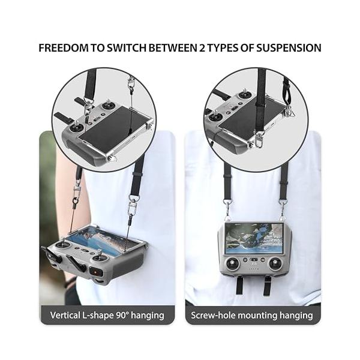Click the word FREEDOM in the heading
(64, 48)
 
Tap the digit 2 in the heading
(202, 48)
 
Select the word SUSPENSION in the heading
(289, 48)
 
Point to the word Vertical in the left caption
(65, 315)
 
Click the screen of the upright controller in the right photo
(254, 239)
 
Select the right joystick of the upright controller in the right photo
(275, 263)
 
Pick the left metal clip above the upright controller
(227, 208)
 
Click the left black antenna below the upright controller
(239, 286)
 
